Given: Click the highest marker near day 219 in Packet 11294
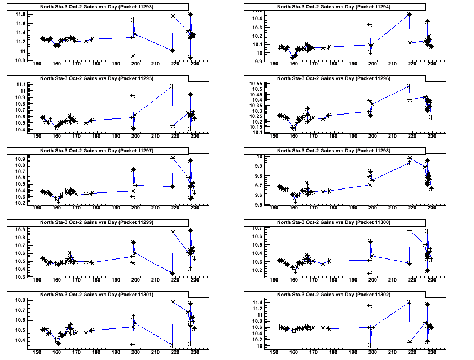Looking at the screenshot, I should tap(409, 14).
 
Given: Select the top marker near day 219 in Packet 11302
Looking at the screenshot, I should tap(409, 302).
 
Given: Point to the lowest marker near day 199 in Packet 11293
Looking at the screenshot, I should tap(133, 56).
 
